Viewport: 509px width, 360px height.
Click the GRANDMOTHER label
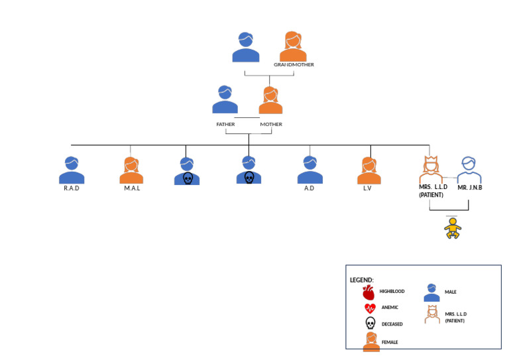pos(294,65)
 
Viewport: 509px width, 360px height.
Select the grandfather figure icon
pos(246,48)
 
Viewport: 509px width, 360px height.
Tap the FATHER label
pos(225,125)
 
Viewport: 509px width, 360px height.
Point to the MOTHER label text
pos(270,125)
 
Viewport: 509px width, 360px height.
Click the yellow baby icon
pos(453,228)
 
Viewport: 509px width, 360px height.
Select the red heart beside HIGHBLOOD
pos(369,292)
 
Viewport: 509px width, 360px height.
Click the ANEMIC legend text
pos(390,308)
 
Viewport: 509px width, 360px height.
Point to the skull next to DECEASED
pos(370,324)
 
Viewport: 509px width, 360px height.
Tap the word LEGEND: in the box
pos(362,280)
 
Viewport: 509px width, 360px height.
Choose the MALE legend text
pos(451,292)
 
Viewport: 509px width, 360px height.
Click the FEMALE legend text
pos(390,342)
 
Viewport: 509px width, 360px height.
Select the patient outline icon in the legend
pos(432,314)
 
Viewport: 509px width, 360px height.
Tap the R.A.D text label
pos(72,188)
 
